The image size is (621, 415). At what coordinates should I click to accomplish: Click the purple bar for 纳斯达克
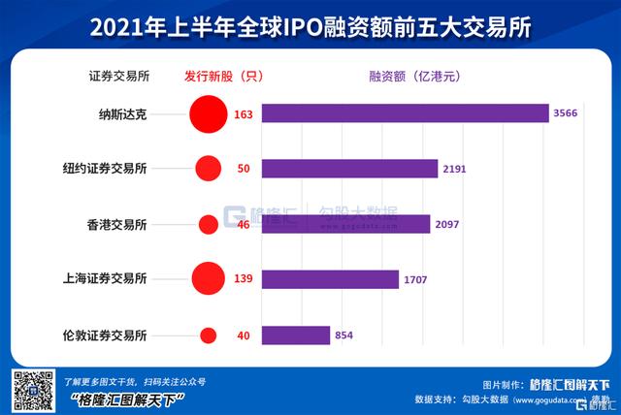[x=404, y=114]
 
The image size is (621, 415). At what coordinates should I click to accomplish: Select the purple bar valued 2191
[x=348, y=169]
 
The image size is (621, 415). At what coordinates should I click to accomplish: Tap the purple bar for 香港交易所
[x=344, y=224]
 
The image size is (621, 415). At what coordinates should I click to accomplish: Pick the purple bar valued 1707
[x=329, y=279]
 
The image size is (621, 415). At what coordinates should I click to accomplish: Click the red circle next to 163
[x=208, y=114]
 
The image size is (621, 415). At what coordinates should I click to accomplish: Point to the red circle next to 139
[x=209, y=279]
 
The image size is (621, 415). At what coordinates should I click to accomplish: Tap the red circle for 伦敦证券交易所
[x=208, y=335]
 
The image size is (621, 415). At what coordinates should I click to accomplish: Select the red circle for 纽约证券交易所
[x=208, y=169]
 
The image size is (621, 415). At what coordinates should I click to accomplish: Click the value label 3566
[x=565, y=114]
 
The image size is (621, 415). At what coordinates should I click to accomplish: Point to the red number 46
[x=244, y=225]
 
